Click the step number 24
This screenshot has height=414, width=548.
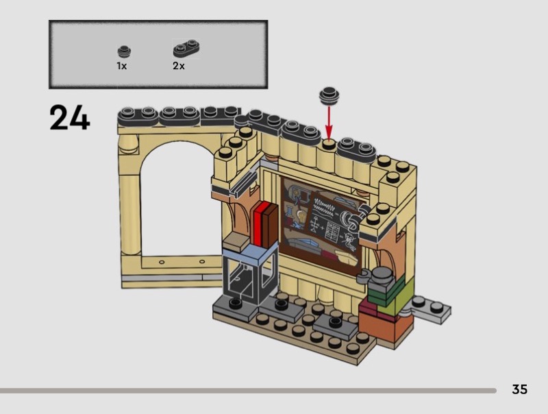click(70, 117)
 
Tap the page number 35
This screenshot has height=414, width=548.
click(520, 389)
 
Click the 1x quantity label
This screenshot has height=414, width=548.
click(122, 66)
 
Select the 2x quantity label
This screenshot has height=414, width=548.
click(179, 66)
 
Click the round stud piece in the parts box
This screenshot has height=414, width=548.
click(124, 52)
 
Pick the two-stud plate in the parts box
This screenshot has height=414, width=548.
click(186, 48)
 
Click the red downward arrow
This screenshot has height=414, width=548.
click(329, 123)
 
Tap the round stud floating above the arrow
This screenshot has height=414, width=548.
click(329, 95)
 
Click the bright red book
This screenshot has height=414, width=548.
click(260, 225)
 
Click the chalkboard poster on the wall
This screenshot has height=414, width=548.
click(321, 223)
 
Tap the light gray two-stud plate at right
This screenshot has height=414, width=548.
click(432, 308)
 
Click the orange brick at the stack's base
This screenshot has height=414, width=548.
click(384, 327)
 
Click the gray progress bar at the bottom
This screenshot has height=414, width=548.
click(248, 391)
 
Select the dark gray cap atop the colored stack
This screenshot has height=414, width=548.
click(382, 276)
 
